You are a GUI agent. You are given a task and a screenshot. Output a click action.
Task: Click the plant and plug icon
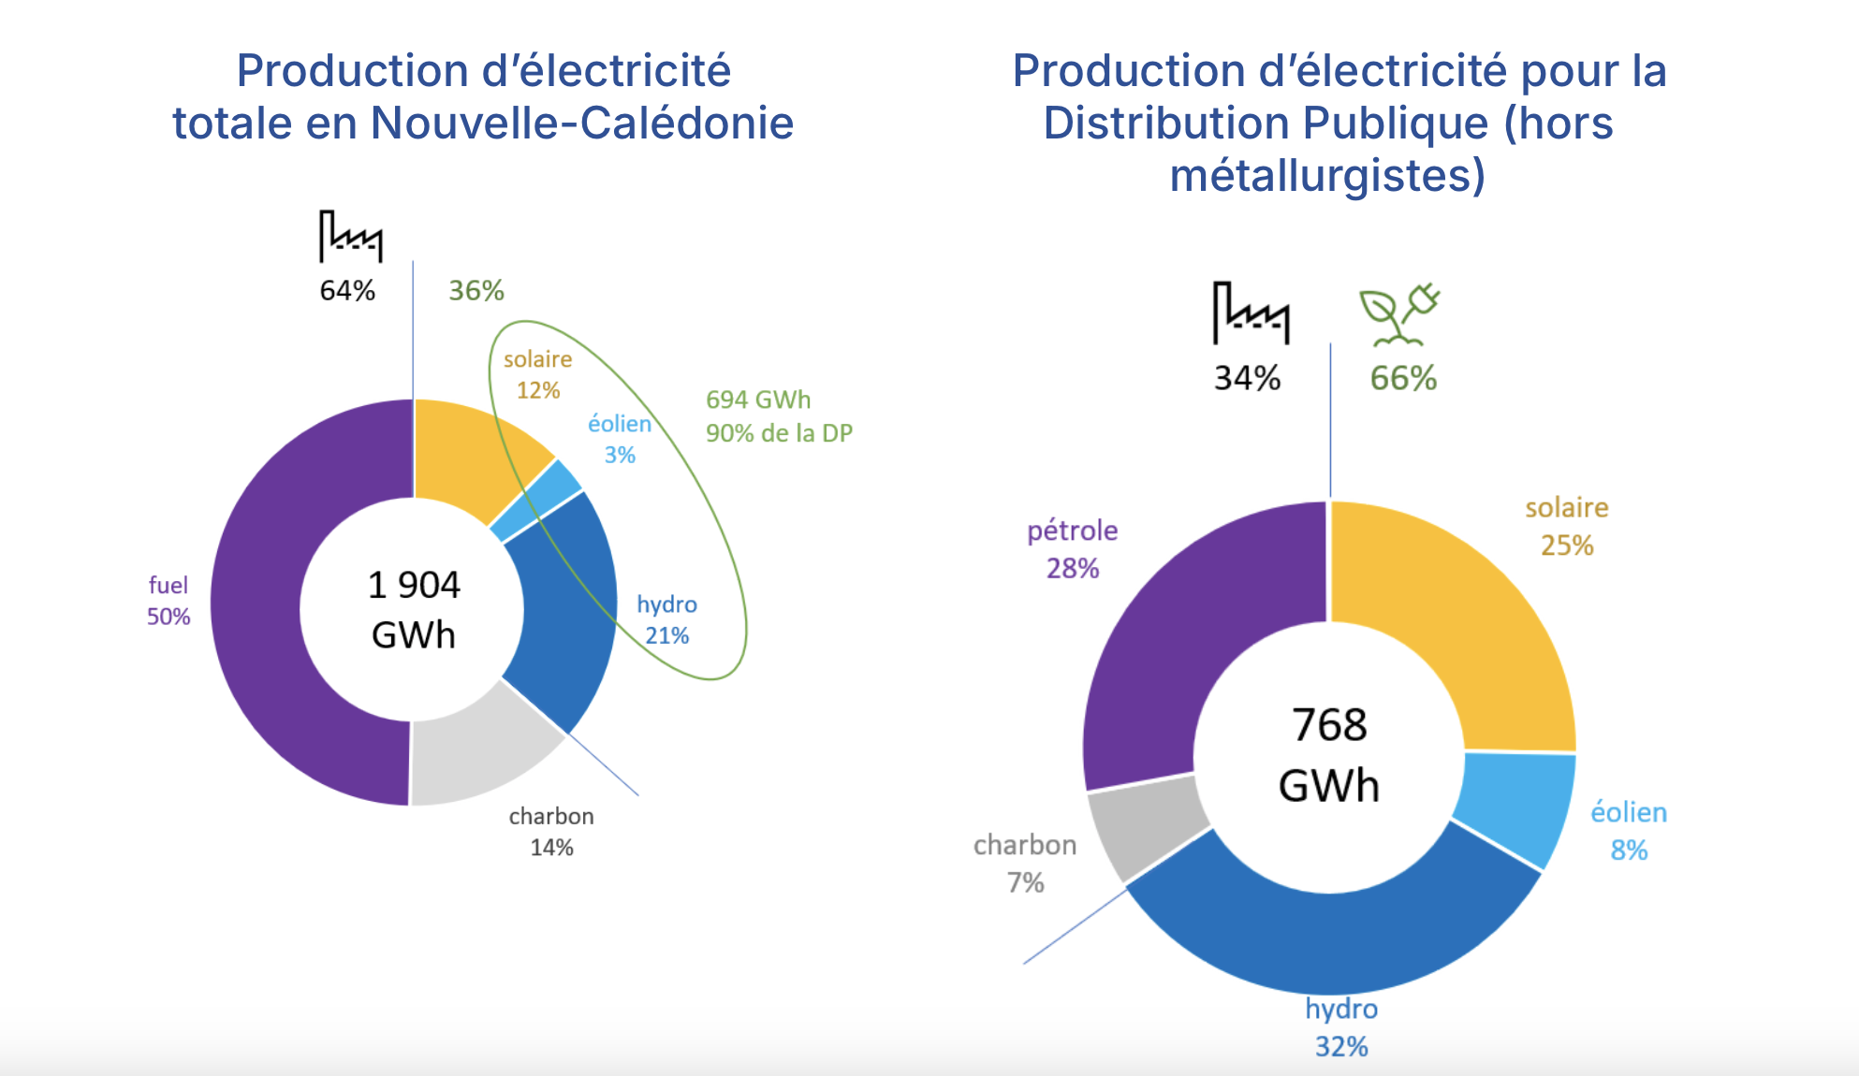tap(1399, 315)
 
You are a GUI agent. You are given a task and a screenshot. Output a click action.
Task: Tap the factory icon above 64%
tap(350, 236)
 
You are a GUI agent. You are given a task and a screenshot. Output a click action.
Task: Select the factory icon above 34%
tap(1250, 313)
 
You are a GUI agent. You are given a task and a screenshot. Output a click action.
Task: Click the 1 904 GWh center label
tap(414, 610)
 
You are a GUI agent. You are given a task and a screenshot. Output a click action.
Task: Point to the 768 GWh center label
tap(1329, 754)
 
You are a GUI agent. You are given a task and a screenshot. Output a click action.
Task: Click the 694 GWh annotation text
tap(758, 400)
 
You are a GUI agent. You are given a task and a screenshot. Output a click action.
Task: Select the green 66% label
tap(1403, 378)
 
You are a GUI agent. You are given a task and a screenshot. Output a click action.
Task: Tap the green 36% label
tap(476, 291)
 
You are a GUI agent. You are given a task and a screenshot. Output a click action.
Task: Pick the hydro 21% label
tap(666, 619)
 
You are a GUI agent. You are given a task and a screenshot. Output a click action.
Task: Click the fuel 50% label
tap(168, 601)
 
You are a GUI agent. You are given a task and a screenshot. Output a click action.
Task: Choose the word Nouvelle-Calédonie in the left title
tap(581, 123)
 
